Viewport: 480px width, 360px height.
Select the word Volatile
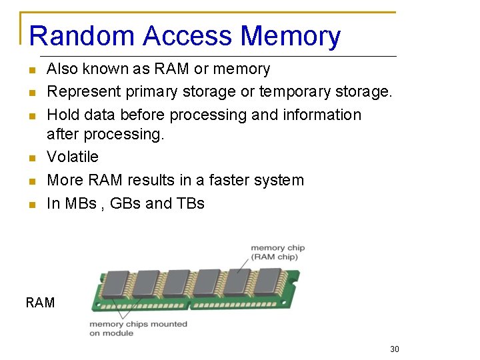click(x=72, y=157)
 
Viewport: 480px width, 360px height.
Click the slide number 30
click(x=395, y=349)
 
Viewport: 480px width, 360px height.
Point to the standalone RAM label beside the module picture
click(x=40, y=303)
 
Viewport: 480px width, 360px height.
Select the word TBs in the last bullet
click(x=190, y=203)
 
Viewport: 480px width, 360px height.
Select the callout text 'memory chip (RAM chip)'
click(x=277, y=253)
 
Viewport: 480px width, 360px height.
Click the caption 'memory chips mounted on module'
click(x=138, y=328)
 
